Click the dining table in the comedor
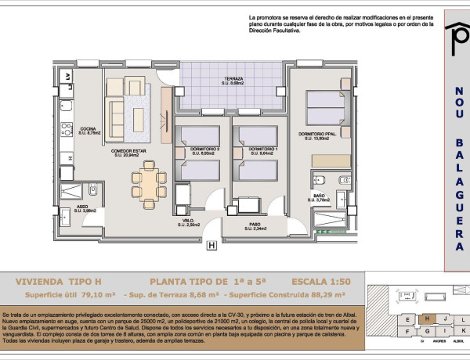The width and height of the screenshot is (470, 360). click(147, 183)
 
